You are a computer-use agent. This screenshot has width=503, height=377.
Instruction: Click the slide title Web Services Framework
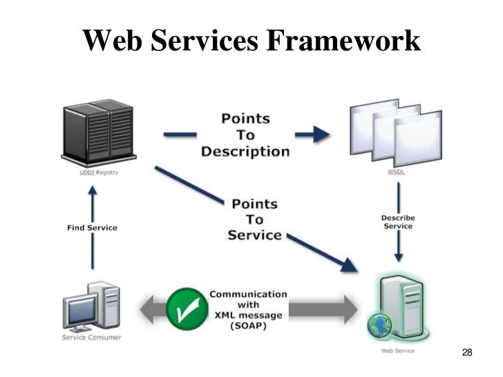251,41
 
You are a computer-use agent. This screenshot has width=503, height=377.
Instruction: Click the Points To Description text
245,135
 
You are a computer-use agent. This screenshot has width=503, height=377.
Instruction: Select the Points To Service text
254,220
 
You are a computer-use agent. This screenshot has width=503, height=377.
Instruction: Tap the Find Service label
92,227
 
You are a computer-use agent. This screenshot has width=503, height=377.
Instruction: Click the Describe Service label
397,222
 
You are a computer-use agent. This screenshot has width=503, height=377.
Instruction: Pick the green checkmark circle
184,308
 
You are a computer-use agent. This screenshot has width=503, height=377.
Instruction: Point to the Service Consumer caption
91,337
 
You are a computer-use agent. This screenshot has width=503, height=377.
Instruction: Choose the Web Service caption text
398,350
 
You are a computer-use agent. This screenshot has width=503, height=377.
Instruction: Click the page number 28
466,354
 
